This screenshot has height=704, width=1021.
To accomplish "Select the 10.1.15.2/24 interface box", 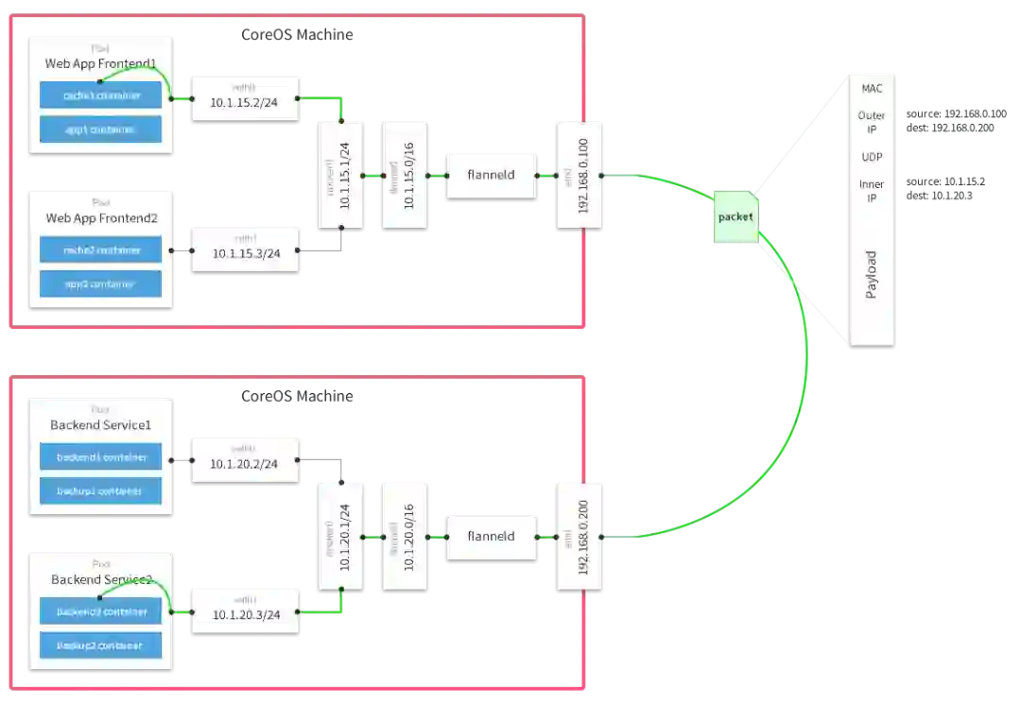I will pyautogui.click(x=246, y=98).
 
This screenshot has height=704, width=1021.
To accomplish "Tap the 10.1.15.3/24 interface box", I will pyautogui.click(x=246, y=249).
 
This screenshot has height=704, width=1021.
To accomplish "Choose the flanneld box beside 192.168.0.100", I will pyautogui.click(x=491, y=175).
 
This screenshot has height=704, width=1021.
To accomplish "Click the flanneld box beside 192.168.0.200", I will pyautogui.click(x=491, y=536).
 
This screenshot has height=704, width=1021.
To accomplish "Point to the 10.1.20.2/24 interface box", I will pyautogui.click(x=246, y=459).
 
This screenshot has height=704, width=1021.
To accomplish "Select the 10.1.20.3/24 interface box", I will pyautogui.click(x=246, y=610).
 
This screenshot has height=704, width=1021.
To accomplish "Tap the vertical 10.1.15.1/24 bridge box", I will pyautogui.click(x=341, y=175).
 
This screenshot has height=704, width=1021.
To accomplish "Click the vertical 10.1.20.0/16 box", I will pyautogui.click(x=405, y=536).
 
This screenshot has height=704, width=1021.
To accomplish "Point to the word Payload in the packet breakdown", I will pyautogui.click(x=872, y=275).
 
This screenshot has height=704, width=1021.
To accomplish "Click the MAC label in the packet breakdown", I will pyautogui.click(x=872, y=89).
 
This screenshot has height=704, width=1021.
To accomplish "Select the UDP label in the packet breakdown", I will pyautogui.click(x=872, y=157).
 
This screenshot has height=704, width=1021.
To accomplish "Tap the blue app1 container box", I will pyautogui.click(x=100, y=129).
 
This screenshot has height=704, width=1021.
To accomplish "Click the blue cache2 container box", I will pyautogui.click(x=100, y=250).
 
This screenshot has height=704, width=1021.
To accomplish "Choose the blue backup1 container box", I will pyautogui.click(x=100, y=491).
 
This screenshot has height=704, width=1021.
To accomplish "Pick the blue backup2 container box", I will pyautogui.click(x=100, y=645).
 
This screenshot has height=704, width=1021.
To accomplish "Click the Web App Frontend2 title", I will pyautogui.click(x=100, y=218).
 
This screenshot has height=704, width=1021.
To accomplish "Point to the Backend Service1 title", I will pyautogui.click(x=100, y=425).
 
